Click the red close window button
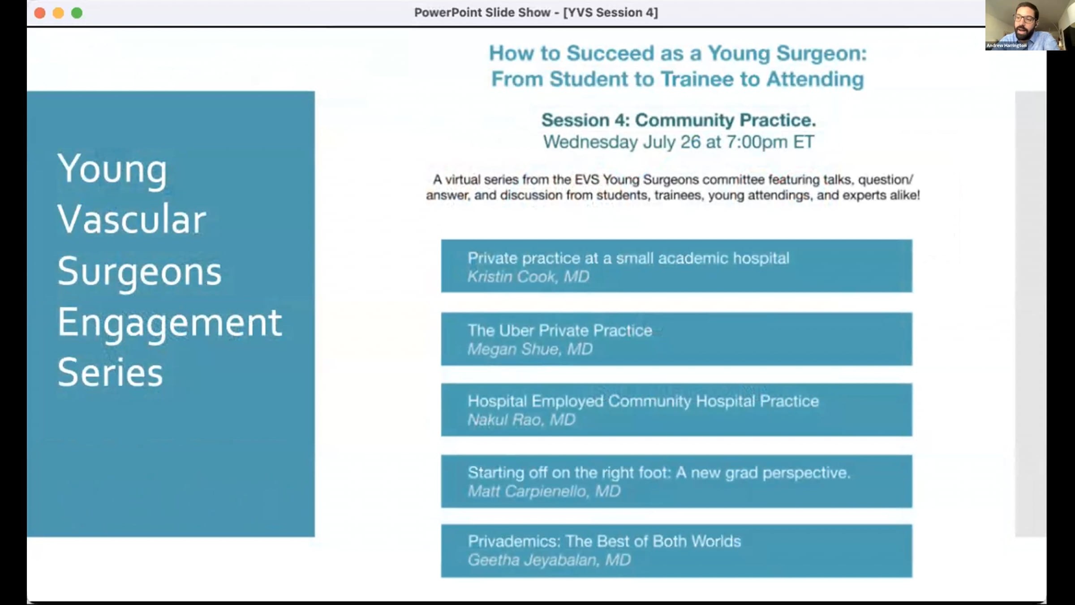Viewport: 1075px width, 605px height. [x=40, y=13]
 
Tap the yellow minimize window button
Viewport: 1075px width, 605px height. [x=58, y=13]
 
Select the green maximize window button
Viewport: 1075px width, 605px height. [x=77, y=13]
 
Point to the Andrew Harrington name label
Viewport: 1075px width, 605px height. [x=1006, y=45]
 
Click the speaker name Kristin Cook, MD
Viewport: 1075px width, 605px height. [x=529, y=277]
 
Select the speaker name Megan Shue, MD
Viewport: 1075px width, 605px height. [x=530, y=349]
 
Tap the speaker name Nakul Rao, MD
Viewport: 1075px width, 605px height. [x=522, y=420]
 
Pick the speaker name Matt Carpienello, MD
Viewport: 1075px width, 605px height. [x=544, y=491]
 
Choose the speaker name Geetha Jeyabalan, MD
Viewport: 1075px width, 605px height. [x=550, y=560]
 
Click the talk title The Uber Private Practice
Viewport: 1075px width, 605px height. [x=560, y=330]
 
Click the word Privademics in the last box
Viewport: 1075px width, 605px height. [x=514, y=541]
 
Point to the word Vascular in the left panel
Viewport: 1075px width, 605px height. [x=132, y=219]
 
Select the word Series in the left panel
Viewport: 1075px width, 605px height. [x=110, y=373]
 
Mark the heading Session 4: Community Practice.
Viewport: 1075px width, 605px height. [x=679, y=120]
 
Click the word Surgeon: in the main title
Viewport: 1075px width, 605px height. [x=821, y=53]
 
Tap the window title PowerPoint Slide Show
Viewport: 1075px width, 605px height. [x=482, y=13]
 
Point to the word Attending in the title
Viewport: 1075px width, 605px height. [x=815, y=79]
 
